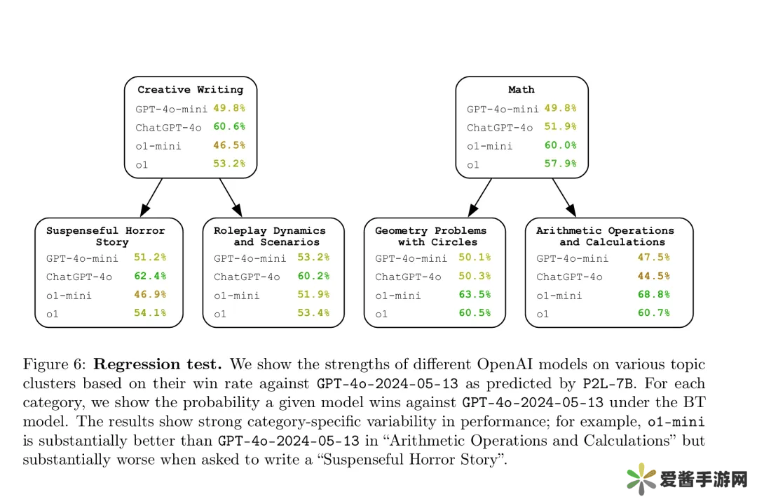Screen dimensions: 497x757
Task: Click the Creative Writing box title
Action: (190, 90)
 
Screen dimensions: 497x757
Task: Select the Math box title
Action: (521, 90)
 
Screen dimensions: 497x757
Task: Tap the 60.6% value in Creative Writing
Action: (229, 127)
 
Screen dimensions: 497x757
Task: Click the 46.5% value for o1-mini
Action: (229, 145)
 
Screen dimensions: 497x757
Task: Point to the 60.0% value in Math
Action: (560, 145)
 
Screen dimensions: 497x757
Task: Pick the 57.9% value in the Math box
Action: (560, 164)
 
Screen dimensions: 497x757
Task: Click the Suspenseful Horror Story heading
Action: (106, 236)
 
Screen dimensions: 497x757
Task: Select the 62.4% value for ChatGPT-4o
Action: (150, 277)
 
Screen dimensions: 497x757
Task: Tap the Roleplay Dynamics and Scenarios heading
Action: (270, 236)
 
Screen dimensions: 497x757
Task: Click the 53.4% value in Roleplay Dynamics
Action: (313, 313)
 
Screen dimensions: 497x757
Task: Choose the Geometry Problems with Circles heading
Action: (430, 236)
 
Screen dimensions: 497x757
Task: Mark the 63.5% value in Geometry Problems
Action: (475, 295)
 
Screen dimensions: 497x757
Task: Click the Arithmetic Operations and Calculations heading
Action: (605, 236)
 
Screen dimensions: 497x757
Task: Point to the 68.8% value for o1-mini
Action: (653, 295)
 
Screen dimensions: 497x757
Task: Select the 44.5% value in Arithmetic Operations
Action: (653, 277)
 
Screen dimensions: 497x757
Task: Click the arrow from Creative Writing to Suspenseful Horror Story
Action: (152, 197)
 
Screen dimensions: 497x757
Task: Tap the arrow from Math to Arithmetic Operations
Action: (563, 197)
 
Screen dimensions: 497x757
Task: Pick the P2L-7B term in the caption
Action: (608, 384)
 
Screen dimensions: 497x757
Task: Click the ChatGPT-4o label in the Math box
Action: (500, 128)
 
